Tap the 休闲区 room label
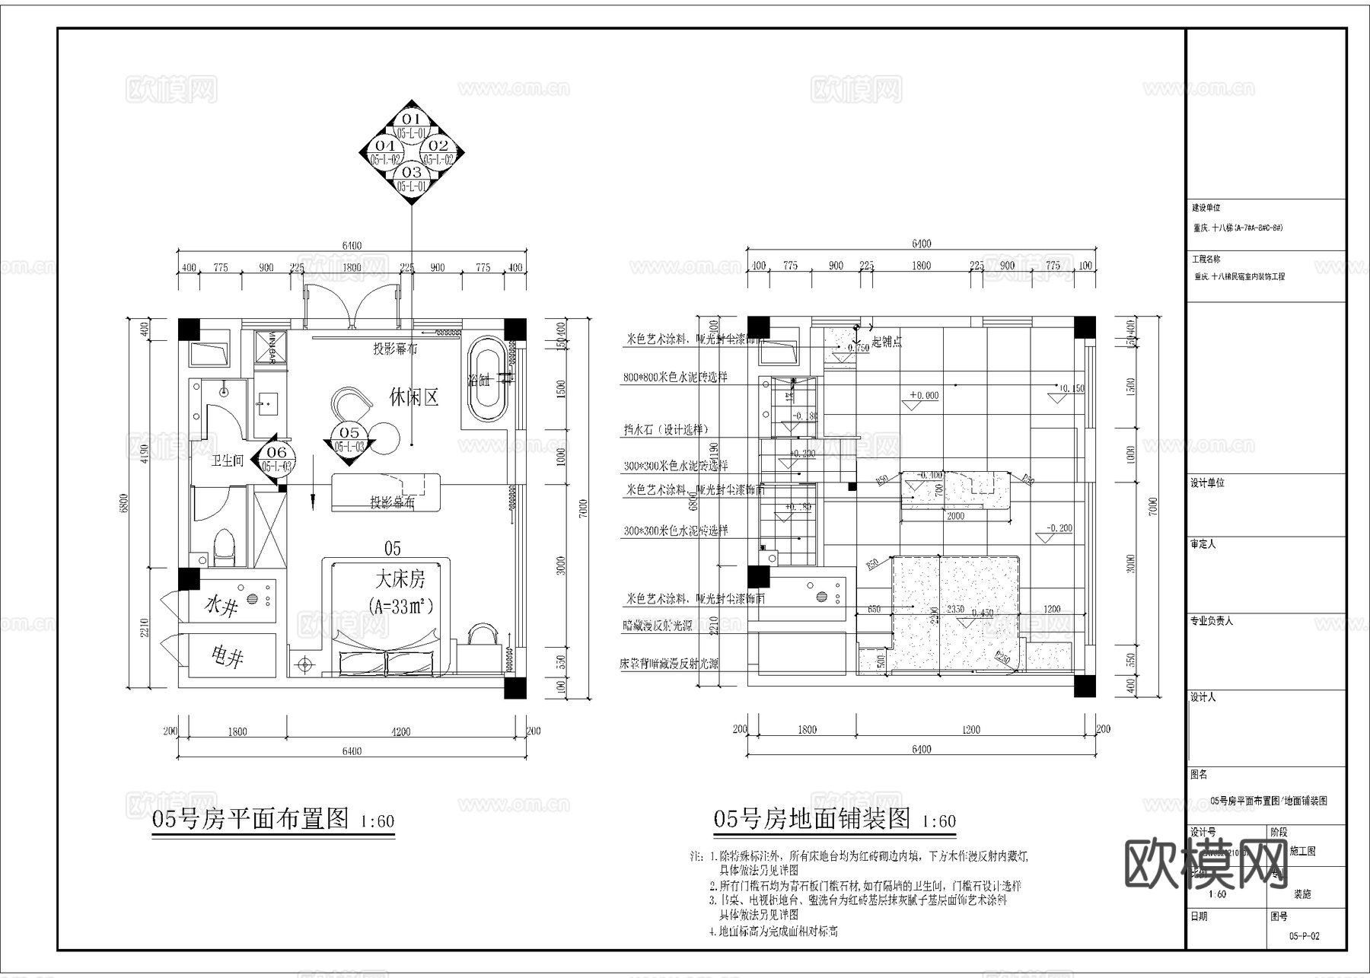pyautogui.click(x=414, y=397)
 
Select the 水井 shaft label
pyautogui.click(x=222, y=606)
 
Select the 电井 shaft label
pyautogui.click(x=227, y=655)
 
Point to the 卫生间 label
pyautogui.click(x=227, y=461)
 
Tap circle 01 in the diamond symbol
pyautogui.click(x=411, y=120)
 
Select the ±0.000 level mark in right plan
pyautogui.click(x=924, y=396)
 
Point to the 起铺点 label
pyautogui.click(x=886, y=342)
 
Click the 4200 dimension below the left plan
pyautogui.click(x=400, y=731)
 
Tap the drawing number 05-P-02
pyautogui.click(x=1304, y=936)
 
